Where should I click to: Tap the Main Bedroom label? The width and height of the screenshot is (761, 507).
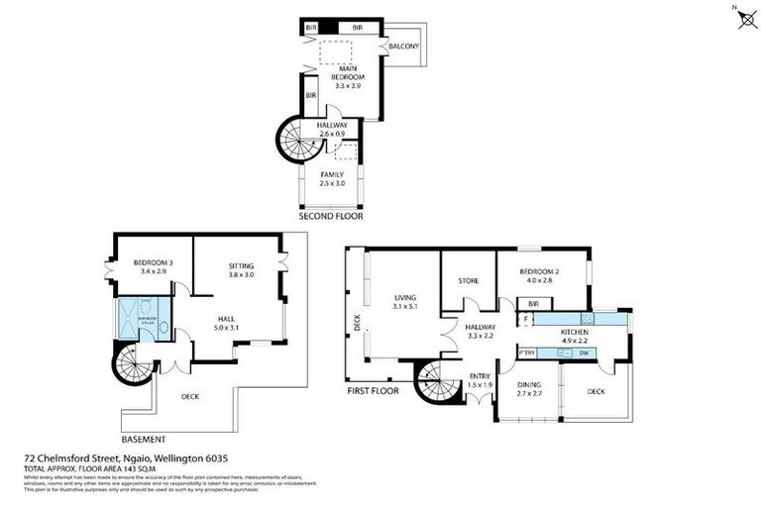[348, 72]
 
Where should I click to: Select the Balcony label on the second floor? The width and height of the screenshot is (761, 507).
[404, 47]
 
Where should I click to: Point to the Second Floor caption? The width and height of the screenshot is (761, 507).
[331, 215]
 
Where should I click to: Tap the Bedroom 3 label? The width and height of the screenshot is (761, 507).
[154, 262]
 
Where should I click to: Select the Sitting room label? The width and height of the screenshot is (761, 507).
[241, 266]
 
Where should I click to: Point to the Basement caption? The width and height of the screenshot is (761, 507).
[143, 439]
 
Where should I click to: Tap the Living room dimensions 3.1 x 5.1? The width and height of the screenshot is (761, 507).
[403, 306]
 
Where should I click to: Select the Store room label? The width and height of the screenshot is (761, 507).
[468, 281]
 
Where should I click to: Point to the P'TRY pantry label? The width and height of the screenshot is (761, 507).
[526, 352]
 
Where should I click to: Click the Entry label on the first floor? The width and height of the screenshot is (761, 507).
[481, 374]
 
